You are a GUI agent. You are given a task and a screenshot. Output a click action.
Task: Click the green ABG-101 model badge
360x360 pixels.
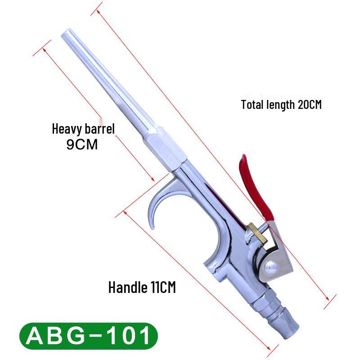[x=89, y=336]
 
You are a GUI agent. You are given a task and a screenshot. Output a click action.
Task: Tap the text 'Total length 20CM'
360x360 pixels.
[x=281, y=105]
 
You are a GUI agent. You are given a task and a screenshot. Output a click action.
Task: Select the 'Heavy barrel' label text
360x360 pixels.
[x=83, y=129]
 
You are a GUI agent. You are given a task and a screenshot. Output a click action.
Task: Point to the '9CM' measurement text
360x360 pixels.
[x=82, y=144]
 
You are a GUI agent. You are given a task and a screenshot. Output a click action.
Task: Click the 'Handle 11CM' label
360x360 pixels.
[x=142, y=287]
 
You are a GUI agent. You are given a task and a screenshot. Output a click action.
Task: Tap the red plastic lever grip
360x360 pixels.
[x=255, y=188]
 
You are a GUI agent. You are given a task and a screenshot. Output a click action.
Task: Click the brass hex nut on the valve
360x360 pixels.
[x=257, y=233]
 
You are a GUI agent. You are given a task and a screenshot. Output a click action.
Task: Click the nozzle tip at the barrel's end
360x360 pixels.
[x=67, y=33]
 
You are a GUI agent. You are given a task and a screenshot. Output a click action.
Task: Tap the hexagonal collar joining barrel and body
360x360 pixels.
[x=165, y=149]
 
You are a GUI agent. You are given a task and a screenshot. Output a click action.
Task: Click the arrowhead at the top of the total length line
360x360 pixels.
[x=98, y=12]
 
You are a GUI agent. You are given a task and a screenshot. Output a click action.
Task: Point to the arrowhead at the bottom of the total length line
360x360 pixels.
[x=328, y=298]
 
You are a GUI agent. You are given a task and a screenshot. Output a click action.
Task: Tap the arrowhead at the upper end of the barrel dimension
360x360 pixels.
[x=44, y=50]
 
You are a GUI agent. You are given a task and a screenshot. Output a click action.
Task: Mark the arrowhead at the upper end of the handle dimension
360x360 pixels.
[x=125, y=212]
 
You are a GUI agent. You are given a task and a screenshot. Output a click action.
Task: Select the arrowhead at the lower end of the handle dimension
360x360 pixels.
[x=269, y=348]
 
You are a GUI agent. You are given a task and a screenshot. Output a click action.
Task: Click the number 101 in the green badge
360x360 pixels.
[x=129, y=336]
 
